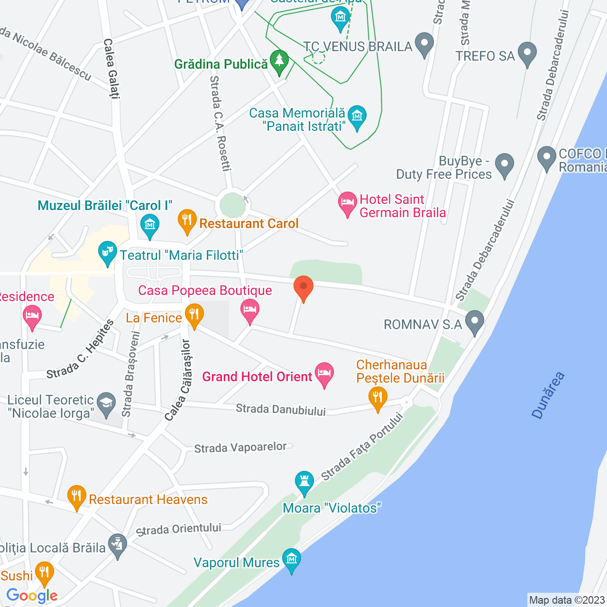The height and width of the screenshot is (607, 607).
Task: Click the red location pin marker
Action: [303, 287]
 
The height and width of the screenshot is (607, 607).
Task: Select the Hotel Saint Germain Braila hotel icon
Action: [348, 203]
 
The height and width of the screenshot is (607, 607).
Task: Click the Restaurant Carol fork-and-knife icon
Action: [187, 221]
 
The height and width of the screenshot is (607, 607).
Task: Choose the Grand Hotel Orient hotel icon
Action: [324, 374]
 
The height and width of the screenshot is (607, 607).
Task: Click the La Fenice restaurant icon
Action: [194, 315]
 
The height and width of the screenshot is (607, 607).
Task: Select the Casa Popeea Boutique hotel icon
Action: [250, 310]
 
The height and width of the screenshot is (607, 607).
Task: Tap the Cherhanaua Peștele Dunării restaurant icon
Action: [377, 397]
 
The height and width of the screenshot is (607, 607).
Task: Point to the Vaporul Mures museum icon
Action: [291, 560]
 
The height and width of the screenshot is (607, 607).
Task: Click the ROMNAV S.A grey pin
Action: [475, 322]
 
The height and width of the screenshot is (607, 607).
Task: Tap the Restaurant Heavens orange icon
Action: [76, 497]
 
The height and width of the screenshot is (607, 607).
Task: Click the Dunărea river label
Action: [548, 395]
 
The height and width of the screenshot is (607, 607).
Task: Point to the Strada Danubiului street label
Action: [281, 409]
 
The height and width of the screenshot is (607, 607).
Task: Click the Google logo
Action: [32, 596]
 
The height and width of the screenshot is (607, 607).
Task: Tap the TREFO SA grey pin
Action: [527, 53]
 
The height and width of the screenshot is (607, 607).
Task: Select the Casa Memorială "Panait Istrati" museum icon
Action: [357, 116]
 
